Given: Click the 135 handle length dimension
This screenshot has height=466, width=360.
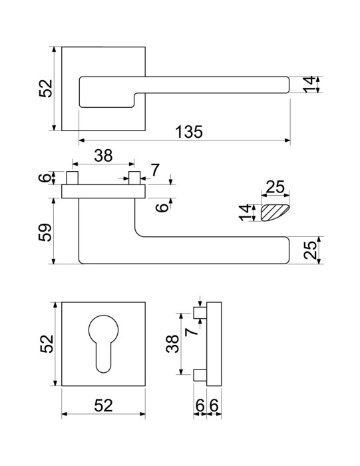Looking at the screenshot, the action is point(189,132).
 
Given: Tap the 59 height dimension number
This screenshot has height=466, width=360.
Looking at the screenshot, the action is point(45,232).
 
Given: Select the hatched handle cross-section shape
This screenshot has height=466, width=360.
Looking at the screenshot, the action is point(274,213).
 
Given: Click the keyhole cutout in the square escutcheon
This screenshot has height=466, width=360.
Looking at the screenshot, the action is point(103,344).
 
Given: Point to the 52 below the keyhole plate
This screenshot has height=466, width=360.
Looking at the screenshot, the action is point(103,405).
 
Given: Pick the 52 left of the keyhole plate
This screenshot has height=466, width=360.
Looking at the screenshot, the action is point(47,344).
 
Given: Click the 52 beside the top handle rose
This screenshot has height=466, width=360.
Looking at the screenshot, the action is point(46,89).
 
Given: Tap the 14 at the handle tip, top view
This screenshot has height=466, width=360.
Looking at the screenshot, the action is point(309,85).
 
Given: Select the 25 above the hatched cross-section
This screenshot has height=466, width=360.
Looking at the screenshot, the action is point(275,186).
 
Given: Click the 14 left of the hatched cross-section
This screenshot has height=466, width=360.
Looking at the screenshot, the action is point(246,212).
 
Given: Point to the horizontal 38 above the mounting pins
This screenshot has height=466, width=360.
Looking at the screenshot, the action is point(103,156).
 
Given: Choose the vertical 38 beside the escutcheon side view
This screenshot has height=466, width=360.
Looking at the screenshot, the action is point(172,344).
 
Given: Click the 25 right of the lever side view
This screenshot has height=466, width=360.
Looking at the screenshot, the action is point(310,250).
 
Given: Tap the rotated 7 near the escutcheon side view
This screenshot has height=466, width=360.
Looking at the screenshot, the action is point(192,331).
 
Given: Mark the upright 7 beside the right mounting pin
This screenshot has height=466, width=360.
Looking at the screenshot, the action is point(155,170).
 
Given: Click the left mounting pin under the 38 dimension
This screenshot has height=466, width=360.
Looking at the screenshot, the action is point(73,178).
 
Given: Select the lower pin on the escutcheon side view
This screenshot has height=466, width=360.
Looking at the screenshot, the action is point(200,375).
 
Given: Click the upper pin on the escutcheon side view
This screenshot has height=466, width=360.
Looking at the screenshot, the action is point(200,313).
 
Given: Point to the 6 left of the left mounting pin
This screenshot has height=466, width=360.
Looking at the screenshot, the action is point(45,178).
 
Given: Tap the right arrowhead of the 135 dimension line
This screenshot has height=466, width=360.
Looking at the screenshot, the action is point(287,140).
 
